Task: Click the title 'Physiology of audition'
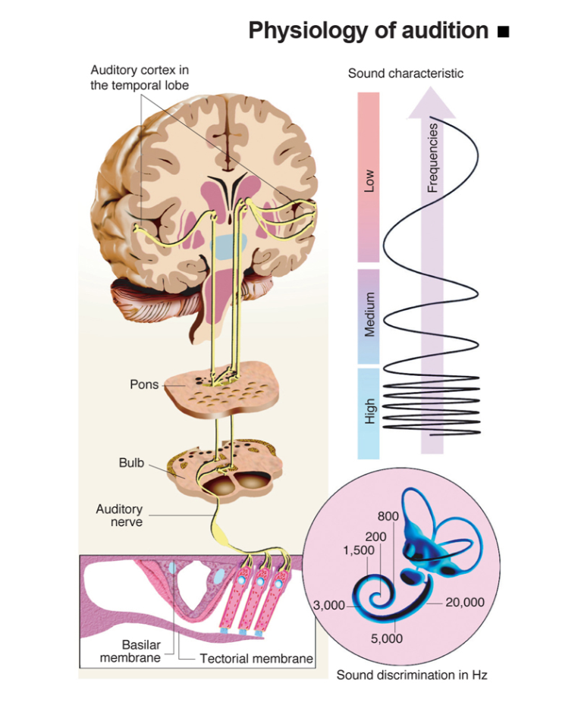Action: (368, 30)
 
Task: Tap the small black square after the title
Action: (501, 32)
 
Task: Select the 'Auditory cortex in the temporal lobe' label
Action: (140, 77)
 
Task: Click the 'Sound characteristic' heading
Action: (406, 74)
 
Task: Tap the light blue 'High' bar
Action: (369, 413)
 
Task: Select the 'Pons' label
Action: (144, 384)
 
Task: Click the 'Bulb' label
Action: (131, 462)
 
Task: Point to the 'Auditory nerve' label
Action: (119, 515)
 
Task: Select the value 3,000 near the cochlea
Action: (329, 605)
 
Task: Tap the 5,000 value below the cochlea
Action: (387, 638)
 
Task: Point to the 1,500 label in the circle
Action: (359, 550)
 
